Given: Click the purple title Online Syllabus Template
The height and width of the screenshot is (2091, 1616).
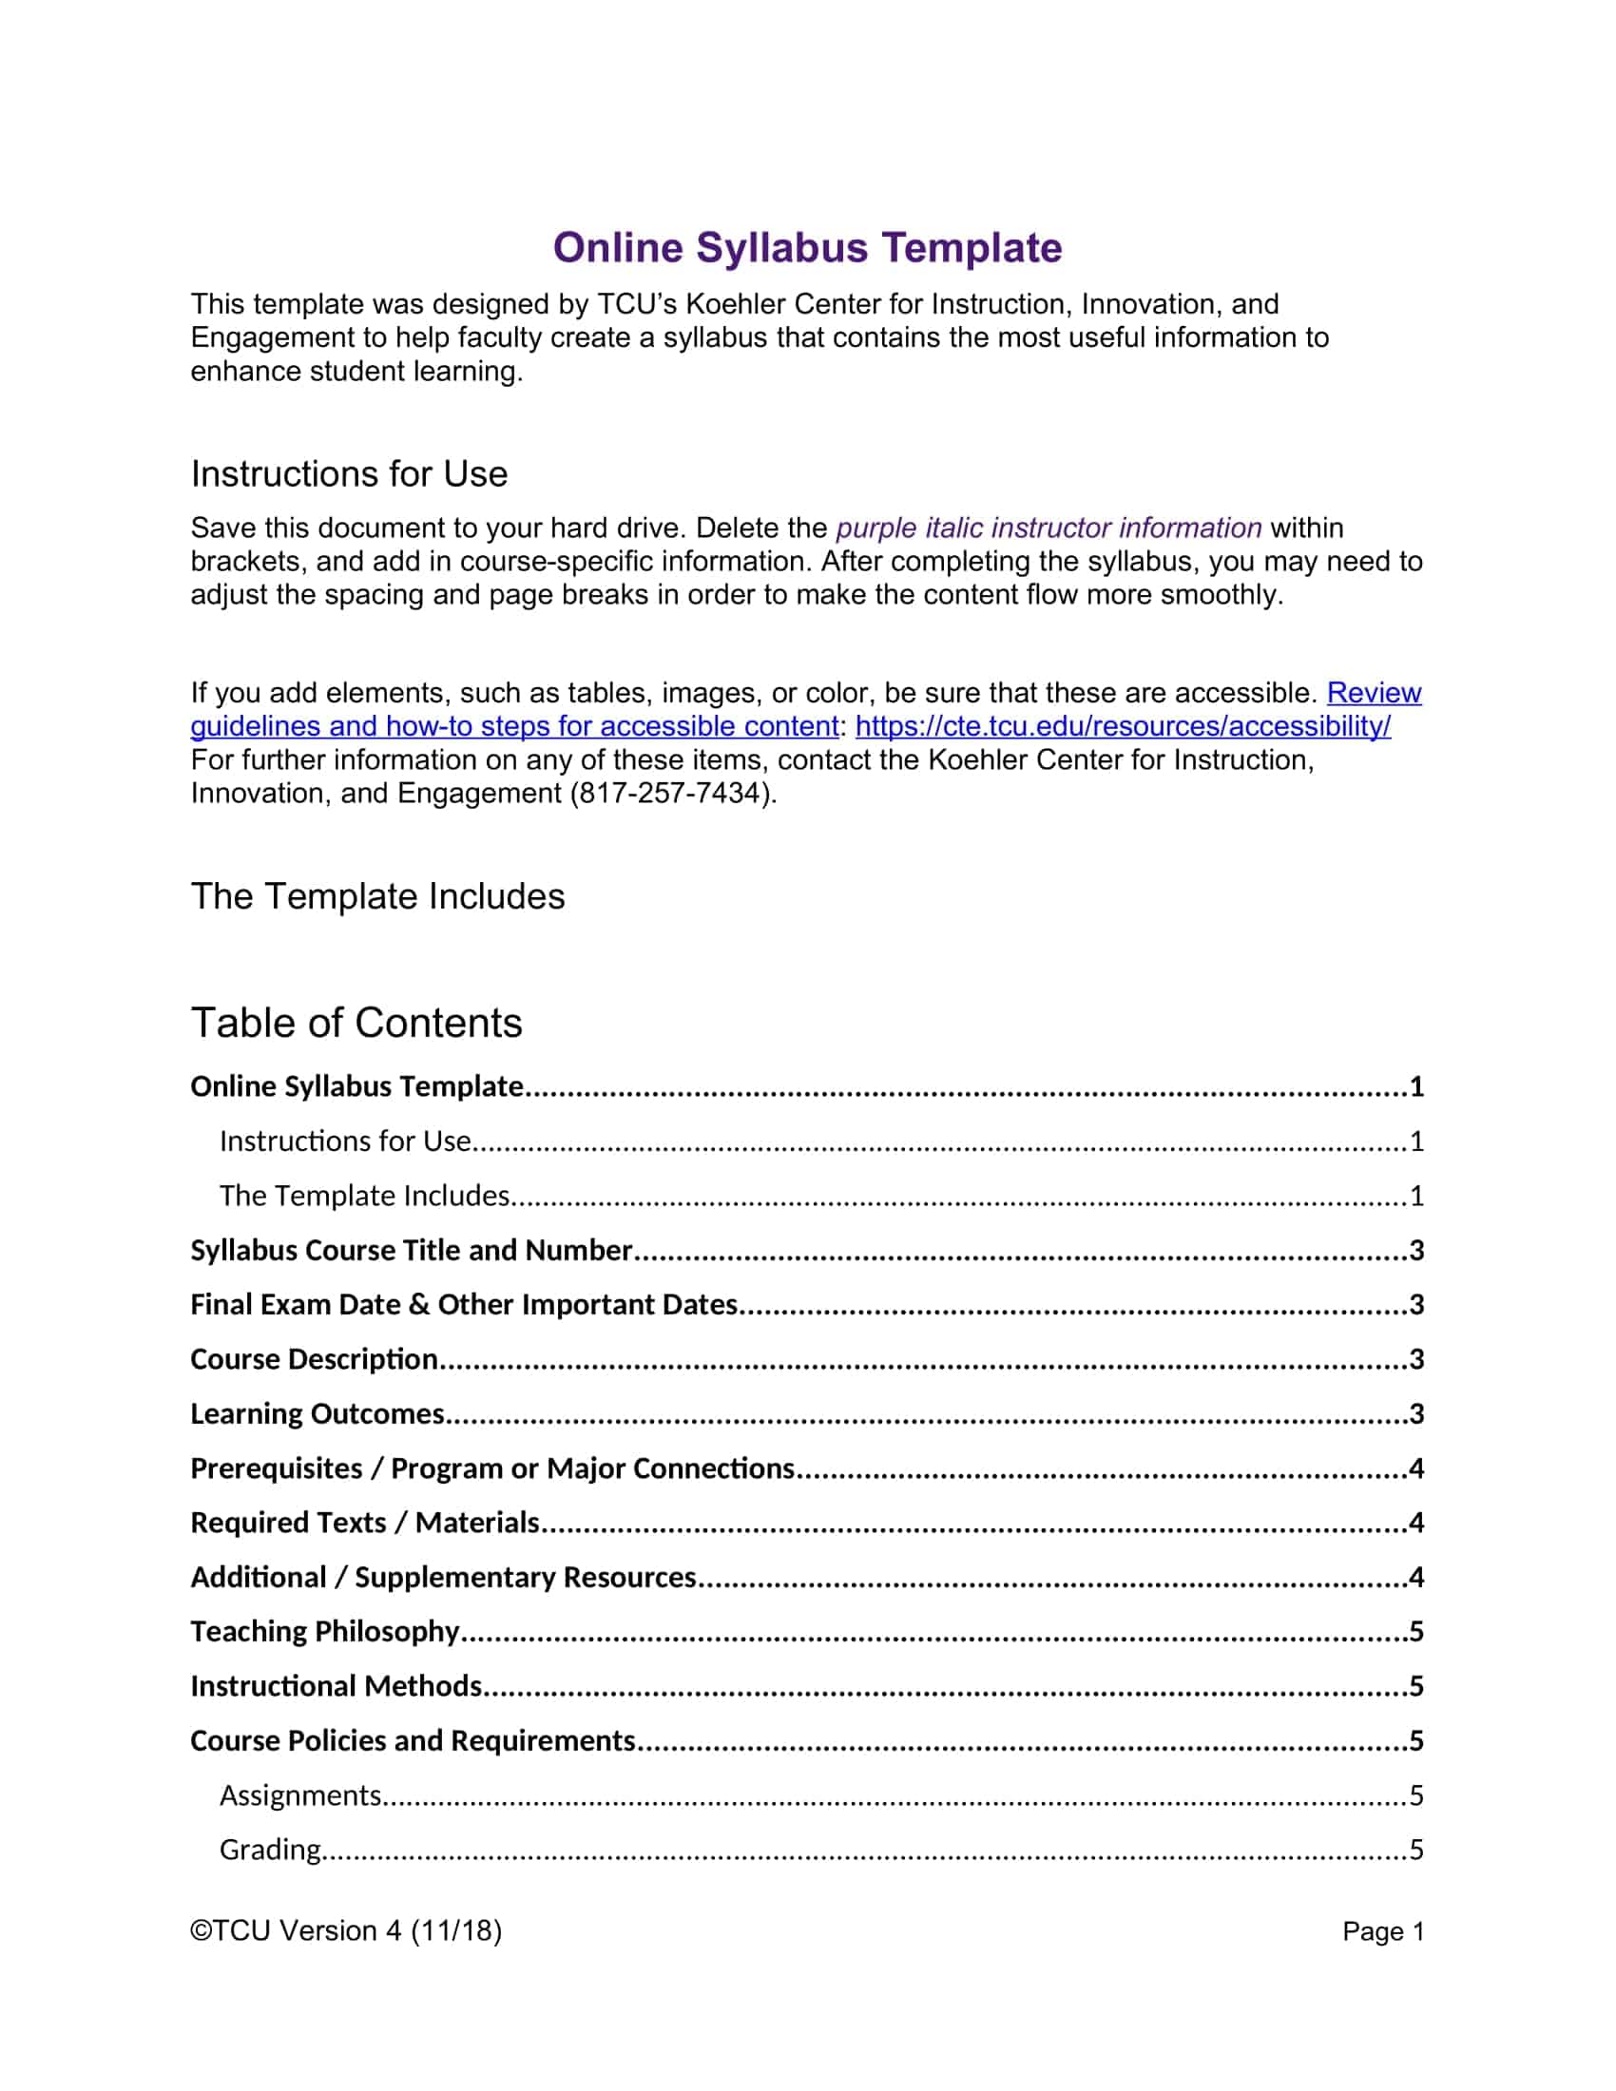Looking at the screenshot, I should [807, 247].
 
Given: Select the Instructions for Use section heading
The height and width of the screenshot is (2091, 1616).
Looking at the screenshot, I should [349, 474].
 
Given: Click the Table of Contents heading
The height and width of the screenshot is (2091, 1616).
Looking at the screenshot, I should [356, 1023].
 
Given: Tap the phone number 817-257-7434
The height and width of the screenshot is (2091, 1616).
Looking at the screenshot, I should [669, 793].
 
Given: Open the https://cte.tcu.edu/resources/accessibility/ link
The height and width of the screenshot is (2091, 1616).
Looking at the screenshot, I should [1122, 726].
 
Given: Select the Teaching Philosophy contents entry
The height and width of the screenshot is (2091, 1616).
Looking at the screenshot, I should [324, 1630].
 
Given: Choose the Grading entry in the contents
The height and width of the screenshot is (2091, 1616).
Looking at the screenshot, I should [270, 1849].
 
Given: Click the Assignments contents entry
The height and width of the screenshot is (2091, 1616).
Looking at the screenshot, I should [300, 1794].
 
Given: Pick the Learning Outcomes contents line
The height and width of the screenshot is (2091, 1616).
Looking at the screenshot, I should [317, 1413].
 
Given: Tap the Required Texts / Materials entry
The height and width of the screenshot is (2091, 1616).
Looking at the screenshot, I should [365, 1523].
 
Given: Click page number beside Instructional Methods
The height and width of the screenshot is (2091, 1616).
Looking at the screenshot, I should [1416, 1685].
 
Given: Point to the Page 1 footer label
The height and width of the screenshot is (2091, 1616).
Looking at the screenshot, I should [1382, 1931].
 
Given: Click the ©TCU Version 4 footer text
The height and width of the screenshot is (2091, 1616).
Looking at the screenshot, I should [346, 1930].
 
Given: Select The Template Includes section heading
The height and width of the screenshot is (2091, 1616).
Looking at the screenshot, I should [377, 896].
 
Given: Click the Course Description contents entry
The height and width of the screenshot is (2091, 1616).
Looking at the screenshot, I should [314, 1358].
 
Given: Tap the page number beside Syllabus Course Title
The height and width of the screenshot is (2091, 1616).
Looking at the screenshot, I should [1416, 1250].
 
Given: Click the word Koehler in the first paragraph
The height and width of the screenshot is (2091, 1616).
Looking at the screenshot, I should [735, 303].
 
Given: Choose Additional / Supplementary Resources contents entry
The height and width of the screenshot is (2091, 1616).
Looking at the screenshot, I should [443, 1577].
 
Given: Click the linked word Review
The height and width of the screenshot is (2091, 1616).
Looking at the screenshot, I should [1373, 692].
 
